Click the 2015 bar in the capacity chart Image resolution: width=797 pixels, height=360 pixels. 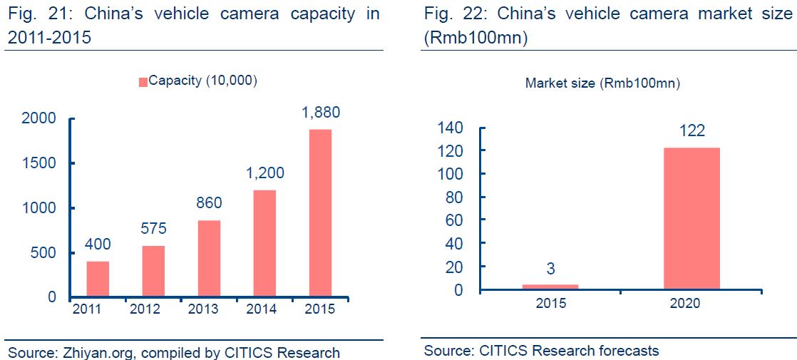pos(320,212)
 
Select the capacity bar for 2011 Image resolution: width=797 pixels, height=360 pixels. pos(98,279)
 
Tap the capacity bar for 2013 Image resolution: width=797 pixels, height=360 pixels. pos(209,258)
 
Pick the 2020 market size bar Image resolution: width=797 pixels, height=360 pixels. pos(691,218)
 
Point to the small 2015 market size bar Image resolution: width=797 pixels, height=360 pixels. pos(551,287)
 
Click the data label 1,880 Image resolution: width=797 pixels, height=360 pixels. pos(320,112)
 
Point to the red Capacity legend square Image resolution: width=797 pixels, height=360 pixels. pos(143,81)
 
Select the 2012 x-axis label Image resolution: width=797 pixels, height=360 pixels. pos(145,309)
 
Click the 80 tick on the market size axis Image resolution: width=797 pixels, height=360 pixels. pos(453,197)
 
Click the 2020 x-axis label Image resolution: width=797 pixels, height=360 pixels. pos(685,303)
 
